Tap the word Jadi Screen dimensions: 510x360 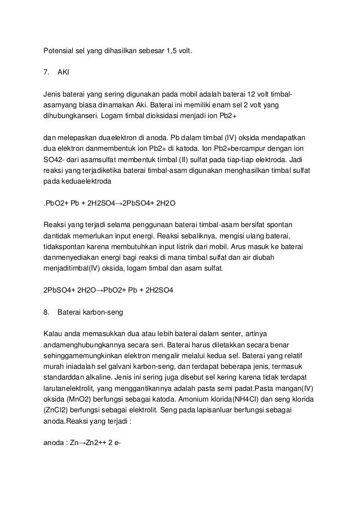click(311, 159)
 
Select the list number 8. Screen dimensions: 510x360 click(46, 312)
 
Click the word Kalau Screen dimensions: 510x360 click(54, 334)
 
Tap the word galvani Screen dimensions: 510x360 click(122, 367)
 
